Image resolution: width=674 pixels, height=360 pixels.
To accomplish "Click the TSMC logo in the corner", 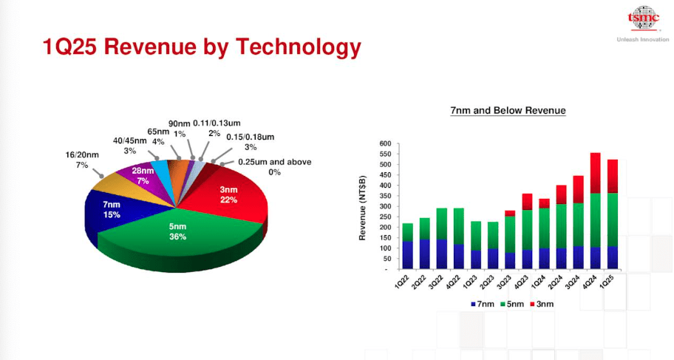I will tap(642, 18).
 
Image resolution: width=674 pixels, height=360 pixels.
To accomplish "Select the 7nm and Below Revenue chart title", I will tap(508, 111).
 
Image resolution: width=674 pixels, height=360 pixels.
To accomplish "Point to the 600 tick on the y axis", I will tap(384, 143).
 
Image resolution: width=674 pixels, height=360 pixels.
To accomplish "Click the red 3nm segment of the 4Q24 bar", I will tap(595, 173).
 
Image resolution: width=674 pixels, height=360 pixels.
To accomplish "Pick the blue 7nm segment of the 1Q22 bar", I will tap(408, 254).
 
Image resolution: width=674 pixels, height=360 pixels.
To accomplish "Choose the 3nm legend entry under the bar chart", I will tap(544, 303).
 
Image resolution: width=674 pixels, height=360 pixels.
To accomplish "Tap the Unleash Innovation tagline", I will tap(642, 39).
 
